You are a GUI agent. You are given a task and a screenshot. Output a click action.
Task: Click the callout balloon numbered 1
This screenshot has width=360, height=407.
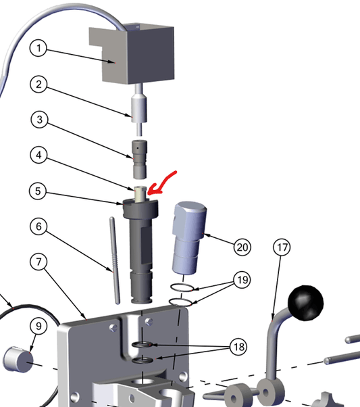coord(38,48)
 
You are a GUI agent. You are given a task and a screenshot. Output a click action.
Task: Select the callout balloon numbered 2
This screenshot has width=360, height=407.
coord(38,84)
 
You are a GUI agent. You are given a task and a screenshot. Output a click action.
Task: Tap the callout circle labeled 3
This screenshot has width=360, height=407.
coord(39,120)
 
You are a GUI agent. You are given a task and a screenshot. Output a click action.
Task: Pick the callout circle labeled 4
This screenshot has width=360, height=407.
coord(38,155)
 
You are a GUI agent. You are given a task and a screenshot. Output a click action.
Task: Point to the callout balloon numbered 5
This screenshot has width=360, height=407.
coord(38,191)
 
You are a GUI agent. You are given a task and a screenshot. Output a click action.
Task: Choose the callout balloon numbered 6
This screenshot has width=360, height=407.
coord(38,226)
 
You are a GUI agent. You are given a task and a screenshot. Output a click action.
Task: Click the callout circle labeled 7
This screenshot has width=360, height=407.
coord(38,262)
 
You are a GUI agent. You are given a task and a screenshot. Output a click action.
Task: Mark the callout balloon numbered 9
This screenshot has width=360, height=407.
coord(38,326)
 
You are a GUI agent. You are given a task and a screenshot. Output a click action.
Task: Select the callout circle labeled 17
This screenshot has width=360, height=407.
coord(282,247)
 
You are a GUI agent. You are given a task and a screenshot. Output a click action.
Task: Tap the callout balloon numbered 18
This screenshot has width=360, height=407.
coord(239,347)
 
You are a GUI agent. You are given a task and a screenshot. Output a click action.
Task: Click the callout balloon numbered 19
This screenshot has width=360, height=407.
coord(242,280)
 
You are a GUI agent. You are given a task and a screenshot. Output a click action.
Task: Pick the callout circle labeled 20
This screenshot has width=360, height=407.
coord(242,247)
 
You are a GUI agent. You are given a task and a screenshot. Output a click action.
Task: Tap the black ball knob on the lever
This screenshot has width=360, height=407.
coord(306,303)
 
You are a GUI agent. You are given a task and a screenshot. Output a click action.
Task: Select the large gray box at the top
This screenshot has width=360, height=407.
coord(132,54)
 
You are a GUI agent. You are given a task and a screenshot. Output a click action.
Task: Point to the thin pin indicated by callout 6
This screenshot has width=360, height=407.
coord(115,260)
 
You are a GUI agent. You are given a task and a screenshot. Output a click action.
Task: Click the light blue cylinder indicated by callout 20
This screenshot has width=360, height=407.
coord(189,238)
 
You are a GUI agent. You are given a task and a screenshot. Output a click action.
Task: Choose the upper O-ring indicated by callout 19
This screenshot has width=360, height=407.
coord(182,287)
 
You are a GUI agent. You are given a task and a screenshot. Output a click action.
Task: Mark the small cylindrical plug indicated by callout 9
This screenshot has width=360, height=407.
coord(18,360)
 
